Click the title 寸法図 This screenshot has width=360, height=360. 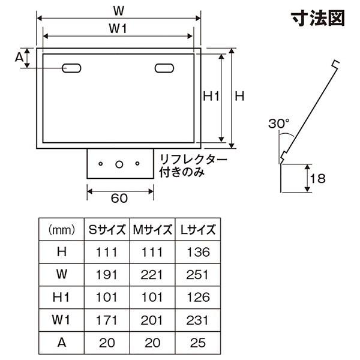click(x=318, y=18)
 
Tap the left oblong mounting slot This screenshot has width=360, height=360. click(x=71, y=68)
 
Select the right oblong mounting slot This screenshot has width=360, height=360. click(x=164, y=68)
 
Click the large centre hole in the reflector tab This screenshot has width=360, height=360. click(x=119, y=164)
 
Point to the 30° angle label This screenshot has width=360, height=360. click(x=279, y=123)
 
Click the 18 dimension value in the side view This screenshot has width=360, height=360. click(x=317, y=178)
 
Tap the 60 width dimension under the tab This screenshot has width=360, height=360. click(x=119, y=198)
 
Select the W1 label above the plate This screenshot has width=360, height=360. click(x=118, y=29)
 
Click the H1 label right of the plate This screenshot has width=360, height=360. click(x=211, y=96)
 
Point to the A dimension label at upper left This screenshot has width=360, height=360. click(x=19, y=57)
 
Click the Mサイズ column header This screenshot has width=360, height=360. click(x=152, y=229)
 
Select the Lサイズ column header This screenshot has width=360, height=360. click(x=198, y=229)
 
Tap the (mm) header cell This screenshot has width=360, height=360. click(x=62, y=230)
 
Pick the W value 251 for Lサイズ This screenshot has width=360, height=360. click(x=197, y=275)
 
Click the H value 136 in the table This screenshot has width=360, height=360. click(x=199, y=252)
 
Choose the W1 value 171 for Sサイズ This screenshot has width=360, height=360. click(x=107, y=320)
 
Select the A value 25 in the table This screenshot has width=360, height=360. click(x=197, y=343)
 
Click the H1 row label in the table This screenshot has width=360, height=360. click(x=61, y=298)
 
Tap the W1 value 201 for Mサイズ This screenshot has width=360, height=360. click(x=152, y=320)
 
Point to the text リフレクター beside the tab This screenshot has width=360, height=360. click(x=193, y=160)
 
